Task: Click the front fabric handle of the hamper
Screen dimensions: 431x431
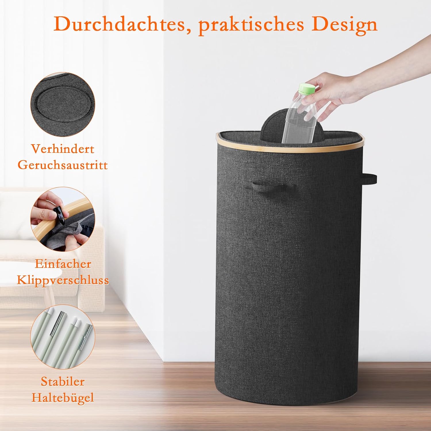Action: tap(270, 188)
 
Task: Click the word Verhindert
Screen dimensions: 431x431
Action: tap(63, 149)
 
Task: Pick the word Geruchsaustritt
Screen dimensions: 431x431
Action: tap(63, 165)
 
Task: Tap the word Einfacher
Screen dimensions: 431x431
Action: tap(63, 264)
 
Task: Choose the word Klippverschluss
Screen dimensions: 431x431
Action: tap(63, 280)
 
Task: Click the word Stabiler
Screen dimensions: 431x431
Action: tap(63, 382)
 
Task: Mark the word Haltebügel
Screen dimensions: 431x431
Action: tap(63, 398)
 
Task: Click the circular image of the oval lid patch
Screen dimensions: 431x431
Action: tap(63, 104)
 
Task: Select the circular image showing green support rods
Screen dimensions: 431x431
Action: tap(63, 337)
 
